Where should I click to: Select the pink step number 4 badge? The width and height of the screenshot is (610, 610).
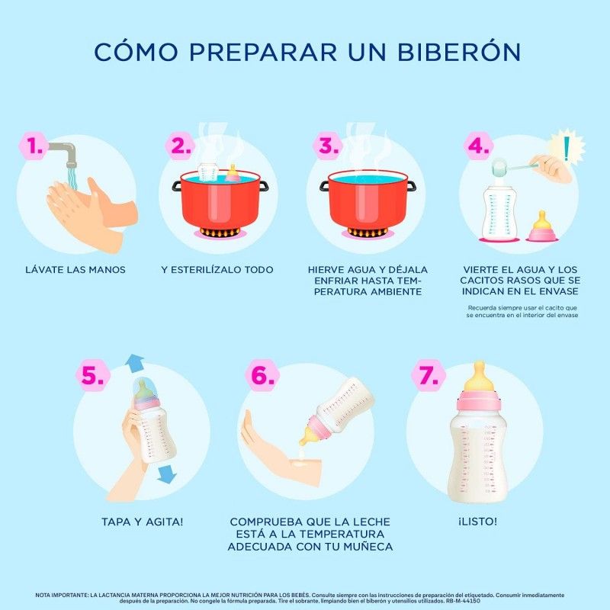[x=479, y=145]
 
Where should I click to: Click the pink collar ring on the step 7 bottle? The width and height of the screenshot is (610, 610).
[x=480, y=400]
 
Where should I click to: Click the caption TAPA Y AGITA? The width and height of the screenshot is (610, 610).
[x=143, y=522]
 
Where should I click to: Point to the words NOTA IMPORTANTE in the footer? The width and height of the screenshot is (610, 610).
[x=62, y=594]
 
